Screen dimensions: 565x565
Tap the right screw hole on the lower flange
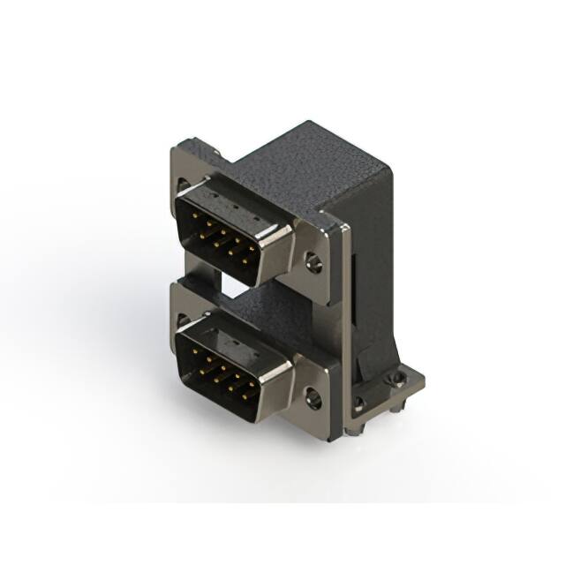pos(313,398)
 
